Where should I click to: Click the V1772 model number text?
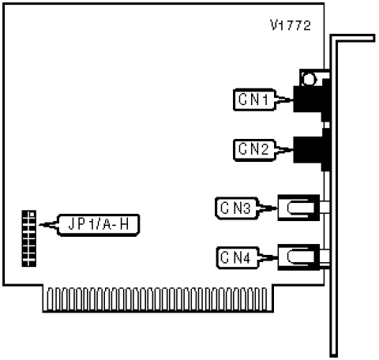tap(291, 25)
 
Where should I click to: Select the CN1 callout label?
tap(254, 99)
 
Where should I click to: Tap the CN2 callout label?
tap(254, 150)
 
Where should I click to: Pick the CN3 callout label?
tap(236, 208)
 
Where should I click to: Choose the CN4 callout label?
tap(237, 257)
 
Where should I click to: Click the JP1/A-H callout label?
tap(99, 225)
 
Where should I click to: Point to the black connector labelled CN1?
tap(312, 99)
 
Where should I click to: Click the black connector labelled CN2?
tap(312, 149)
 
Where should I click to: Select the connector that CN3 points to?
tap(298, 208)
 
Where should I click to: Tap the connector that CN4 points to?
tap(298, 257)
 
